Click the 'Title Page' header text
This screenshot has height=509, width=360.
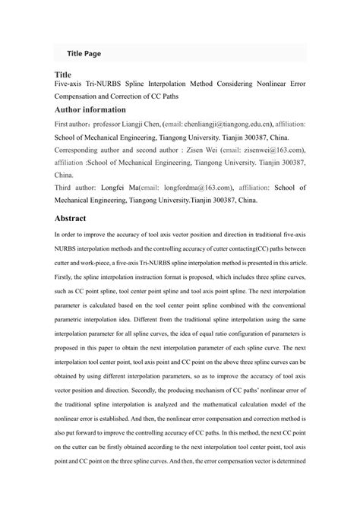pos(84,54)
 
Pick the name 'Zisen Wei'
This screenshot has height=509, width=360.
pos(191,151)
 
